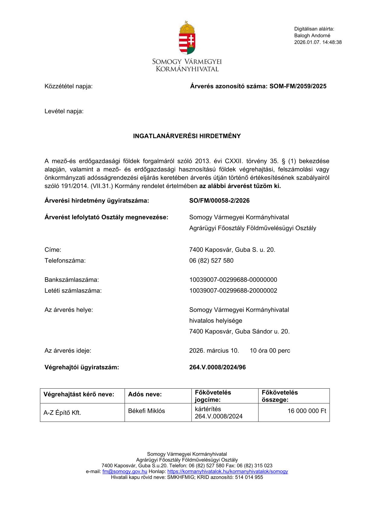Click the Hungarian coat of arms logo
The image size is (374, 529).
[x=187, y=38]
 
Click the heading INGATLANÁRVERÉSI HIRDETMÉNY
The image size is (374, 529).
[x=187, y=136]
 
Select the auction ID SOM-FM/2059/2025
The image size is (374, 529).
[x=298, y=86]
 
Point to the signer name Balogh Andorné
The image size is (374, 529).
[x=312, y=36]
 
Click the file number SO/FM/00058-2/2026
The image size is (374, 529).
[x=219, y=201]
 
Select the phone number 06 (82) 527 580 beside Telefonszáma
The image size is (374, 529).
[x=211, y=261]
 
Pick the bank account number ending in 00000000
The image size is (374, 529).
[x=233, y=280]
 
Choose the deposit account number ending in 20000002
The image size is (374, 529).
[x=233, y=291]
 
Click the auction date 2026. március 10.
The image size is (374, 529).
[x=214, y=351]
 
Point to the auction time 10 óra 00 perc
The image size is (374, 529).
[x=270, y=351]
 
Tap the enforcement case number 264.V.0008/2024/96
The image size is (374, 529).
[x=217, y=367]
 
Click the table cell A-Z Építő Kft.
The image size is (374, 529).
[x=62, y=413]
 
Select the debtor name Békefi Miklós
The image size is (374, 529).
[x=147, y=411]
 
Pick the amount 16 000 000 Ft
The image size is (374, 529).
[x=307, y=411]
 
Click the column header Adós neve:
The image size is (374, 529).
[x=145, y=394]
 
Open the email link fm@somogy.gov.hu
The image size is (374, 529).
[x=125, y=471]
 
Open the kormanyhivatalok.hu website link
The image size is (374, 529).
[x=227, y=471]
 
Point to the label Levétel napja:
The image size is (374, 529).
[x=64, y=111]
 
